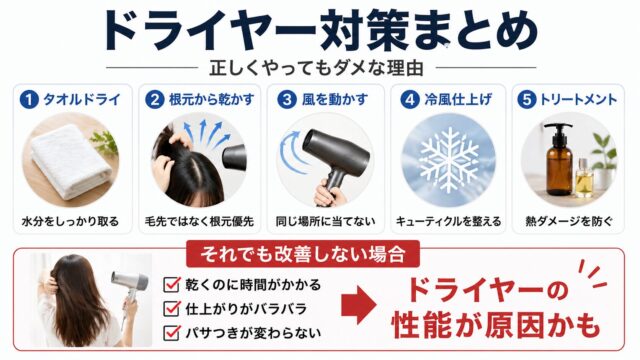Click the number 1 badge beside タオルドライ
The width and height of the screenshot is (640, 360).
[x=29, y=100]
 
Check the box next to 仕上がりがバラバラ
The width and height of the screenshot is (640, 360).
[x=170, y=308]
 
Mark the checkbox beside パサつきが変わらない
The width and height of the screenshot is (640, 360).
[x=170, y=331]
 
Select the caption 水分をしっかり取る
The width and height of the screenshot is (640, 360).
[x=70, y=218]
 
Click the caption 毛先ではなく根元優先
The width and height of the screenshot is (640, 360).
[x=196, y=218]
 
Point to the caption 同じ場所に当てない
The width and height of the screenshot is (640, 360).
[x=322, y=218]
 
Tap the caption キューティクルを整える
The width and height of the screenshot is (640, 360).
[x=448, y=218]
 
